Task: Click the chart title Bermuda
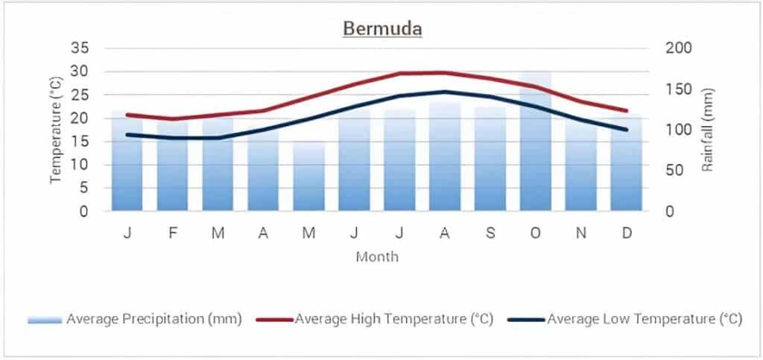pyautogui.click(x=382, y=29)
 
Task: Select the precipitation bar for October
pyautogui.click(x=536, y=149)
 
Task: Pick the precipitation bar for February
pyautogui.click(x=172, y=168)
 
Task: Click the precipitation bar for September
pyautogui.click(x=490, y=160)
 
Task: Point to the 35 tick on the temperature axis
pyautogui.click(x=80, y=48)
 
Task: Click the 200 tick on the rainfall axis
pyautogui.click(x=679, y=48)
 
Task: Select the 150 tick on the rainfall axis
pyautogui.click(x=679, y=89)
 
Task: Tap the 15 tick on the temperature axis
pyautogui.click(x=80, y=142)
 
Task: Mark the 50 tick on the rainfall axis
pyautogui.click(x=675, y=171)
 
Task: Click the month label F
pyautogui.click(x=172, y=233)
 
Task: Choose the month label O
pyautogui.click(x=536, y=233)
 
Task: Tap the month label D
pyautogui.click(x=627, y=233)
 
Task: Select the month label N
pyautogui.click(x=581, y=233)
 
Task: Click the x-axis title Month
pyautogui.click(x=377, y=257)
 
